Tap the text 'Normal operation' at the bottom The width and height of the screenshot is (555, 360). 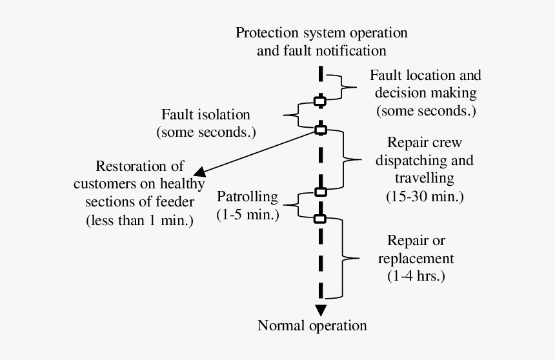(312, 325)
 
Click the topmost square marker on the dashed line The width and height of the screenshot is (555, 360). (320, 101)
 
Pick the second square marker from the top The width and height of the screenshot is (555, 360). (320, 130)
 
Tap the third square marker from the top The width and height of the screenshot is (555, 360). (320, 192)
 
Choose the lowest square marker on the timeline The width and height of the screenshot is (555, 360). (320, 219)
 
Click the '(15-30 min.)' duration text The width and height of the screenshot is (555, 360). (425, 195)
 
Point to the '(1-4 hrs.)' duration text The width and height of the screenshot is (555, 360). (416, 276)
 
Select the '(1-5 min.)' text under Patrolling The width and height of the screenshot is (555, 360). (248, 215)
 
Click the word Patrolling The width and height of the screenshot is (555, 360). (247, 197)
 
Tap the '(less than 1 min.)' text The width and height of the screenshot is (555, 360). (139, 220)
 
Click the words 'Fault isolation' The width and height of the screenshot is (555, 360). (205, 115)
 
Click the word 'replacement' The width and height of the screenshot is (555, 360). (416, 259)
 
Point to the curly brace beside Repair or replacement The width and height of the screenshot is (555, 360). (349, 258)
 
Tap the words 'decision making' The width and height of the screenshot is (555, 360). (426, 92)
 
